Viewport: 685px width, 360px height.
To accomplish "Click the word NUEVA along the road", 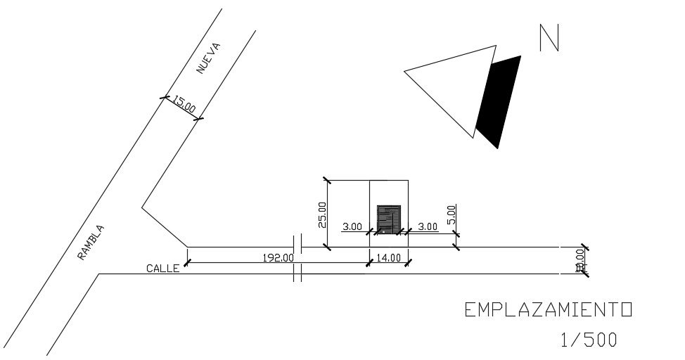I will (209, 59).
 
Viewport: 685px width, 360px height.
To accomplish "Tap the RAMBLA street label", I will (91, 243).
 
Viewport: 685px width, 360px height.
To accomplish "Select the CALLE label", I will (162, 268).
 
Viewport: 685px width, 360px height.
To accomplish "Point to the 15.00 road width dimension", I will (185, 106).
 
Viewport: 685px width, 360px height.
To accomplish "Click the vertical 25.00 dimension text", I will (322, 215).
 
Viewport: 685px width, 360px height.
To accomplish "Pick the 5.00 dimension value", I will (451, 212).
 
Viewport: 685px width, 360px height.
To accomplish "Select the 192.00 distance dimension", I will (279, 257).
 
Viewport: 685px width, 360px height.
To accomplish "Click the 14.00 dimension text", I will (389, 257).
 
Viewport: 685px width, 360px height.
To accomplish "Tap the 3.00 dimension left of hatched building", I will (352, 226).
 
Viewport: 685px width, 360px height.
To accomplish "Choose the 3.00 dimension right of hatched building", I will (427, 226).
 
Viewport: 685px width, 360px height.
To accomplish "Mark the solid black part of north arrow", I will (499, 102).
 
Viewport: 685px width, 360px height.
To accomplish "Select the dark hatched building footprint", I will (389, 218).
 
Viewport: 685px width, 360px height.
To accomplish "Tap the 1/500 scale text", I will (589, 340).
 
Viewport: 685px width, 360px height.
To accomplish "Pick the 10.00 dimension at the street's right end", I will (580, 260).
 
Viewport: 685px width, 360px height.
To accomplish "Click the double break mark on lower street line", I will (297, 273).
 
